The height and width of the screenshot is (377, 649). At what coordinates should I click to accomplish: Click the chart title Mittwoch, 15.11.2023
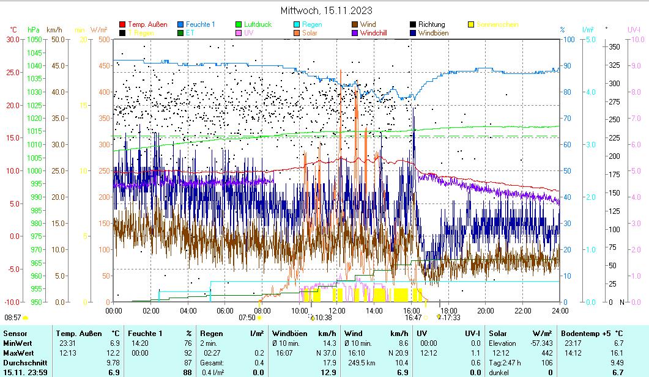click(x=326, y=10)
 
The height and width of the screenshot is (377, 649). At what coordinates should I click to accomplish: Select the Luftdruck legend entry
click(x=258, y=24)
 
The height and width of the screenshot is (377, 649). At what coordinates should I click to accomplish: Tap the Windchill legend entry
click(x=377, y=33)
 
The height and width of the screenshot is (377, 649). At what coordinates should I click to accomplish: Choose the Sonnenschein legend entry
click(x=497, y=24)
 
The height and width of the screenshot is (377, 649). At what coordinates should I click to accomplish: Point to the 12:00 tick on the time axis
click(x=336, y=310)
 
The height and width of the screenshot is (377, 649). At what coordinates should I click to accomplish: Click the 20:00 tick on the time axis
click(x=485, y=310)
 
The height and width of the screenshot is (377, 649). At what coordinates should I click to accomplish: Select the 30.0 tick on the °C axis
click(x=13, y=39)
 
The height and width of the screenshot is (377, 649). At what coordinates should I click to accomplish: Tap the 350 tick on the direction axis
click(x=615, y=46)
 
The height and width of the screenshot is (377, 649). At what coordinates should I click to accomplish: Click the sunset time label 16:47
click(x=413, y=318)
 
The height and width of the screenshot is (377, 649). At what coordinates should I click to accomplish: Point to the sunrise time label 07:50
click(x=247, y=318)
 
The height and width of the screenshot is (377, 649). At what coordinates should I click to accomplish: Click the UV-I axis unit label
click(x=634, y=29)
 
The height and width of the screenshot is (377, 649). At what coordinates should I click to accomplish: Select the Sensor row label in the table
click(x=15, y=333)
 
